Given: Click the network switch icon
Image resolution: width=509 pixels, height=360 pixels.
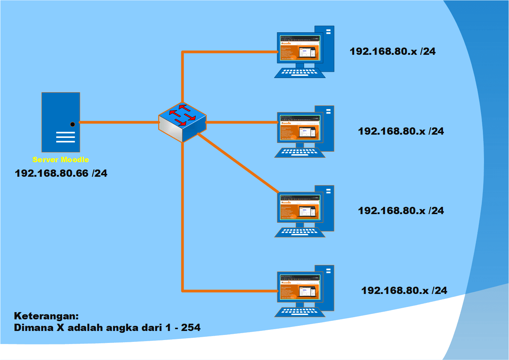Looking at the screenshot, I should point(182,122).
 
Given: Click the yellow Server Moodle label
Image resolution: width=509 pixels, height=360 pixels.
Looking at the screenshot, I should point(61,160).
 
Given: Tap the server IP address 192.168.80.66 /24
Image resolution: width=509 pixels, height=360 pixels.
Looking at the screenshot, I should point(61,173).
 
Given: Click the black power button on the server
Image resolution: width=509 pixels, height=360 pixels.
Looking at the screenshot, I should point(73,124).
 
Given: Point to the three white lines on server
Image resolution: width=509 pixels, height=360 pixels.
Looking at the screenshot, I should point(65,137).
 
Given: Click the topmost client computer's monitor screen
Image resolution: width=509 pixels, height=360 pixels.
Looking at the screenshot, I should point(300,48).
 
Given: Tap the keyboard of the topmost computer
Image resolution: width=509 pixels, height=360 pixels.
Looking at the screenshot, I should point(299,73).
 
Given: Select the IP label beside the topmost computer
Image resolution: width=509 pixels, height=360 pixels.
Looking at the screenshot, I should point(393,52).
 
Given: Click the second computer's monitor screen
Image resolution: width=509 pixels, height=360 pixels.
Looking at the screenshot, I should point(300,128).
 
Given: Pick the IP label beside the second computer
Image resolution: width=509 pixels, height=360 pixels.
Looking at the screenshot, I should point(401,131).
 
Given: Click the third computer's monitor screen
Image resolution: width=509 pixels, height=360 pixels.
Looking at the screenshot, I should point(300,208).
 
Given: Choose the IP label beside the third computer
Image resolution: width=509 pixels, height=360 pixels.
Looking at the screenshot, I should point(401,211).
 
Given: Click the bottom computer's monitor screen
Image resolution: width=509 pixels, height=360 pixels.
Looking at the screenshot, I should point(300,287).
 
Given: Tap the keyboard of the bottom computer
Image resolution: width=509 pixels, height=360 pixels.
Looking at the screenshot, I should point(299,312).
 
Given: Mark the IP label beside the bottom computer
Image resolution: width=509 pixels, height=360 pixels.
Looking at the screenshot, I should point(404,291).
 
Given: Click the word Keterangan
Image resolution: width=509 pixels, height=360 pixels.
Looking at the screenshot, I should point(46,316).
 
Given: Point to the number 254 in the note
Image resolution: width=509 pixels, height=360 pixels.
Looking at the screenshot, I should point(191,328).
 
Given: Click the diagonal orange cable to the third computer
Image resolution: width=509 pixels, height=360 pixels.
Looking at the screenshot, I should point(238,163).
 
